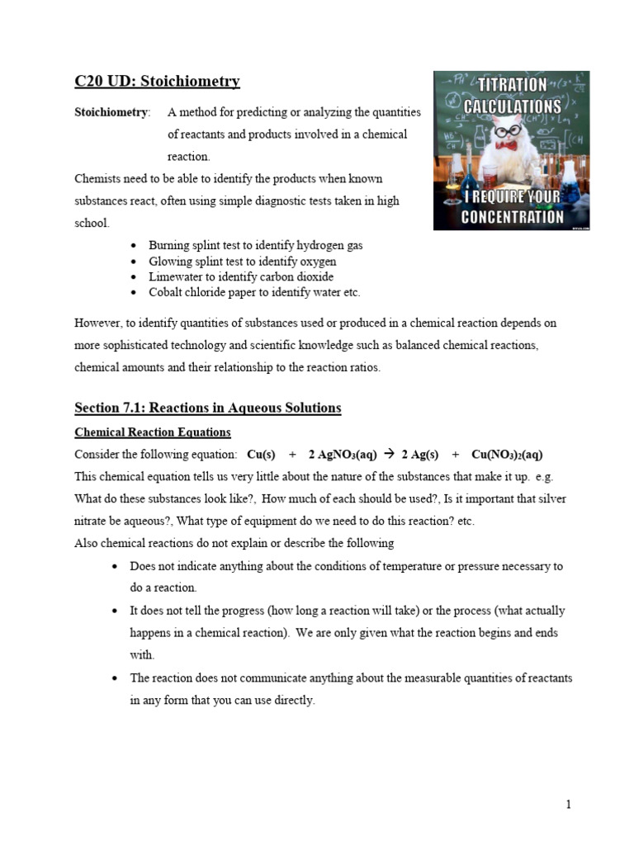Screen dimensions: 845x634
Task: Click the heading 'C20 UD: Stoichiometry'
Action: tap(157, 81)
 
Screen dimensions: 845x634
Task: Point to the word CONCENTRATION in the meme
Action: tap(512, 218)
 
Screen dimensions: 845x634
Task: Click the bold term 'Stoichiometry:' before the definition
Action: tap(112, 112)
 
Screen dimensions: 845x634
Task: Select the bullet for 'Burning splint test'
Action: tap(134, 246)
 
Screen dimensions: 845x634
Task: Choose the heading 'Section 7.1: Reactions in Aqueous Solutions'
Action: tap(207, 408)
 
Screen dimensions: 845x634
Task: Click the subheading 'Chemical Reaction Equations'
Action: tap(153, 432)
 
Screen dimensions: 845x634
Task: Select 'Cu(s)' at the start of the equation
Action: tap(261, 455)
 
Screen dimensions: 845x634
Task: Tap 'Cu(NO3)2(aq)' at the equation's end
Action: tap(507, 455)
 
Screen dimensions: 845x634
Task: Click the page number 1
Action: tap(568, 805)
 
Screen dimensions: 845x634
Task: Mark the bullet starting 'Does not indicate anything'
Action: tap(115, 567)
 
